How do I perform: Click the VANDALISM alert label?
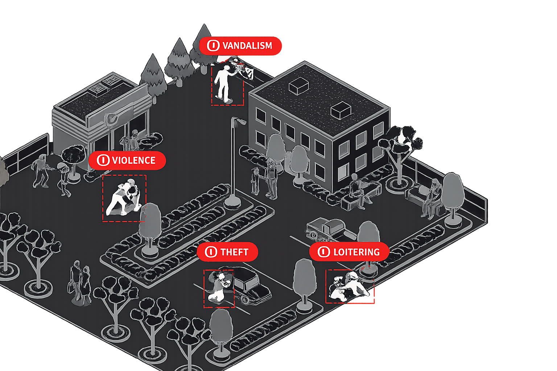click(x=240, y=46)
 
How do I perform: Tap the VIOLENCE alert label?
click(x=127, y=160)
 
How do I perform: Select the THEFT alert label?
click(x=227, y=252)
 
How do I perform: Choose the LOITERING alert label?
click(x=349, y=252)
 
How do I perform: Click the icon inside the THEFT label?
click(x=211, y=252)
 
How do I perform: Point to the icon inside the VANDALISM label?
click(x=213, y=46)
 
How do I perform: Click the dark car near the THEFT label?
click(x=250, y=284)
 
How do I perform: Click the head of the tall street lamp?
click(x=239, y=121)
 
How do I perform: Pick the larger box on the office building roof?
click(x=298, y=86)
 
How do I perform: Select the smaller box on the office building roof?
click(x=341, y=109)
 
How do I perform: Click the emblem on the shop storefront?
click(x=112, y=118)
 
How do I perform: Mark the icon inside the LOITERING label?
click(x=323, y=252)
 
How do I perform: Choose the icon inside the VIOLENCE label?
click(x=103, y=160)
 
